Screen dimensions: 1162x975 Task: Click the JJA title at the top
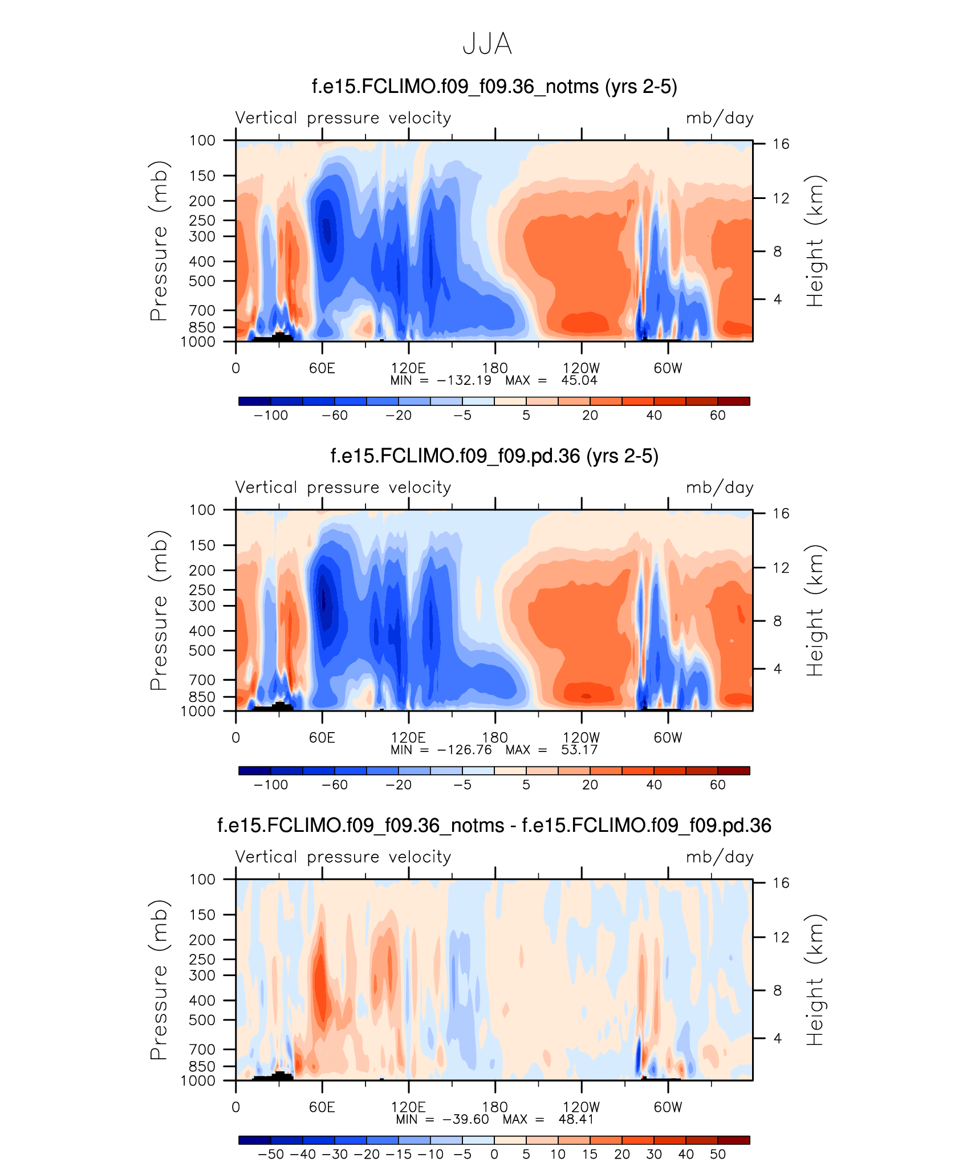pyautogui.click(x=487, y=44)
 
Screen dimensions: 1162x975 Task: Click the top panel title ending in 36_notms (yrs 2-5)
pyautogui.click(x=494, y=87)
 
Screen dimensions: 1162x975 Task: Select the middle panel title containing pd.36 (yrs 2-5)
pyautogui.click(x=494, y=456)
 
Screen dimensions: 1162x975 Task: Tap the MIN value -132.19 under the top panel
pyautogui.click(x=464, y=380)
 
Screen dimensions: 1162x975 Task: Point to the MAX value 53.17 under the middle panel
pyautogui.click(x=579, y=750)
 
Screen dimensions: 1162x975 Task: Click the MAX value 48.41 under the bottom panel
pyautogui.click(x=576, y=1119)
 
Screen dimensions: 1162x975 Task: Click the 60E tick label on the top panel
pyautogui.click(x=322, y=368)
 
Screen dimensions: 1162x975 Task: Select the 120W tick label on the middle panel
pyautogui.click(x=581, y=738)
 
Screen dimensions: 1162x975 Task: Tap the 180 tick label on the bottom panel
pyautogui.click(x=494, y=1107)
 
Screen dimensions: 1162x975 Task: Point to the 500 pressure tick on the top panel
pyautogui.click(x=202, y=281)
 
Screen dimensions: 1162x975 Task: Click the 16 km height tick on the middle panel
pyautogui.click(x=781, y=514)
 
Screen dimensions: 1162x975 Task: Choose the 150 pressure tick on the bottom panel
pyautogui.click(x=202, y=915)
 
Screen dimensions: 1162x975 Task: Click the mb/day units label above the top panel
pyautogui.click(x=720, y=118)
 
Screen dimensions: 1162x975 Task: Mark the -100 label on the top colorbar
pyautogui.click(x=271, y=416)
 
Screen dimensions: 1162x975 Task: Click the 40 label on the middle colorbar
pyautogui.click(x=654, y=785)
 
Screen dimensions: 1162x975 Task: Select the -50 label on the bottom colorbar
pyautogui.click(x=271, y=1155)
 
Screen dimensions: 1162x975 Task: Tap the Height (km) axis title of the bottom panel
pyautogui.click(x=815, y=980)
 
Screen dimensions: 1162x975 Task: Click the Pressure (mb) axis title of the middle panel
pyautogui.click(x=159, y=610)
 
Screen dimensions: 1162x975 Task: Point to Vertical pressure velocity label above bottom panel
pyautogui.click(x=343, y=857)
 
